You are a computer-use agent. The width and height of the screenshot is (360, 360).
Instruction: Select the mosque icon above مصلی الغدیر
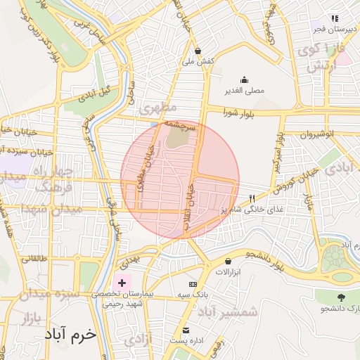tap(244, 79)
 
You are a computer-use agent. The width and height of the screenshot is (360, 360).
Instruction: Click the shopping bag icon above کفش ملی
tap(198, 51)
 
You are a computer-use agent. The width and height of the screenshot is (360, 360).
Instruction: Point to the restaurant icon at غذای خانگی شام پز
tap(252, 200)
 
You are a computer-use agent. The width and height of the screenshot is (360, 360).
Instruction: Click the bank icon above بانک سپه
tap(194, 283)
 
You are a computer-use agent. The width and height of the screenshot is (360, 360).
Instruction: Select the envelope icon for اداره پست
tap(186, 330)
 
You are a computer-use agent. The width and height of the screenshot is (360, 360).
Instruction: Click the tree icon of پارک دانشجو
tap(342, 297)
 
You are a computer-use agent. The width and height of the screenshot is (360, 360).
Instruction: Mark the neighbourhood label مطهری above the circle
tap(156, 110)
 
